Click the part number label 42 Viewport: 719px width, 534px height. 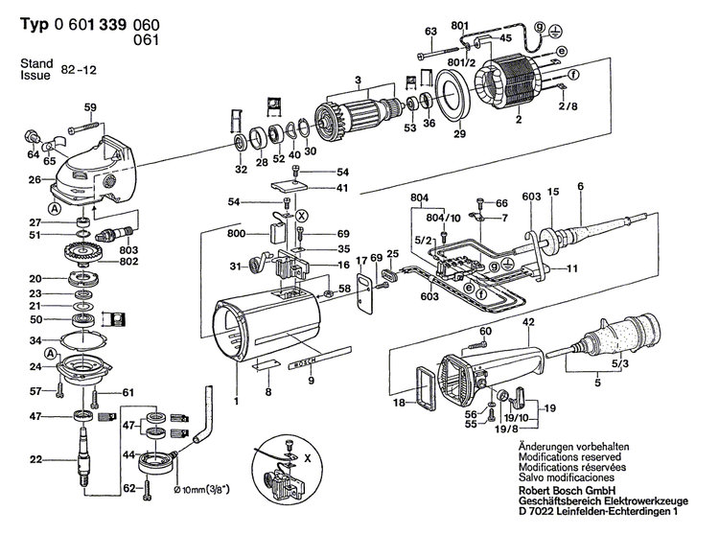click(x=528, y=323)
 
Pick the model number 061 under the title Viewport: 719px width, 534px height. click(x=147, y=40)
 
